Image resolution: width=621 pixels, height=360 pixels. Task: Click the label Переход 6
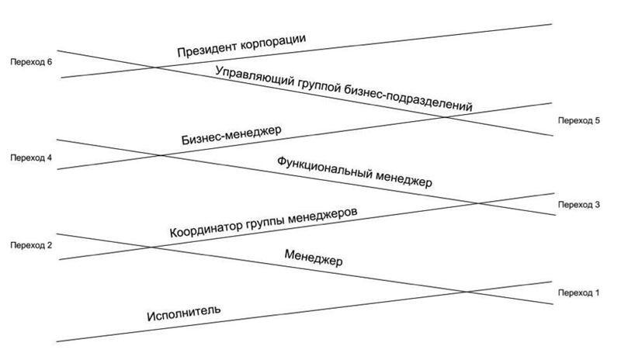31,62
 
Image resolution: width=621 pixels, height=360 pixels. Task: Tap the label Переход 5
579,121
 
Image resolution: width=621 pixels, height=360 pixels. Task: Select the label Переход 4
31,158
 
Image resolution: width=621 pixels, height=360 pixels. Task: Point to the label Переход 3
579,205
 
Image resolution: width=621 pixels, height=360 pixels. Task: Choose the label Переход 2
31,245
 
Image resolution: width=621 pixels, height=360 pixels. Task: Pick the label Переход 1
579,293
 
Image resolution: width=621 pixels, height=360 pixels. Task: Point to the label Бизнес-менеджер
231,135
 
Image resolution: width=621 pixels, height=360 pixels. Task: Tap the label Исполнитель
184,313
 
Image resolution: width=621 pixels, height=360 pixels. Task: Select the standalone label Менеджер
314,258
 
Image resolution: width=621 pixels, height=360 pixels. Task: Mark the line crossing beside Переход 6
155,67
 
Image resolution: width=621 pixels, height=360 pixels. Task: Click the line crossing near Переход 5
445,117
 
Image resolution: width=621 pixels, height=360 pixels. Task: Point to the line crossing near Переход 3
477,203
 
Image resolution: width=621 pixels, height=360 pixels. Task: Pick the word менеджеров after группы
322,216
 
